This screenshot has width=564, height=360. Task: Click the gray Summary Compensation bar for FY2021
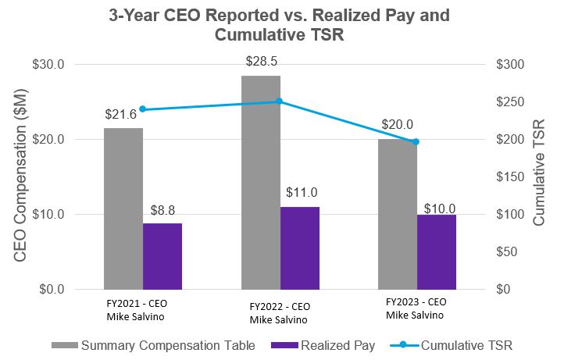click(123, 209)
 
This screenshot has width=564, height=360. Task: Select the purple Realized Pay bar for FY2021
click(162, 256)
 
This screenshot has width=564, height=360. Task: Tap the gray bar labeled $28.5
click(261, 182)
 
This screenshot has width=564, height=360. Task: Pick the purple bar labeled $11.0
click(300, 248)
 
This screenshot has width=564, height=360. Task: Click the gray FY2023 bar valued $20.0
click(398, 214)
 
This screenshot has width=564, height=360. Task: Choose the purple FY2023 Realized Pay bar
click(437, 251)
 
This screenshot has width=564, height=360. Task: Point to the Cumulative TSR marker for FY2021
click(143, 109)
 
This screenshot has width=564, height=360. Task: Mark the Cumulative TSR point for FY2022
click(280, 102)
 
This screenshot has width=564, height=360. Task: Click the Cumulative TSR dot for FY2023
click(416, 141)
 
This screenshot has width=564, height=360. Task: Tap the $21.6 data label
click(121, 115)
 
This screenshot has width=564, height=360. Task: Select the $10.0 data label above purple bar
click(440, 209)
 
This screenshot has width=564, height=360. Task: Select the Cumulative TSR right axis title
click(540, 176)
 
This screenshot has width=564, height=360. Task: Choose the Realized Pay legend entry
click(323, 344)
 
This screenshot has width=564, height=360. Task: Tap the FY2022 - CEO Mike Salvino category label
click(280, 312)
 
